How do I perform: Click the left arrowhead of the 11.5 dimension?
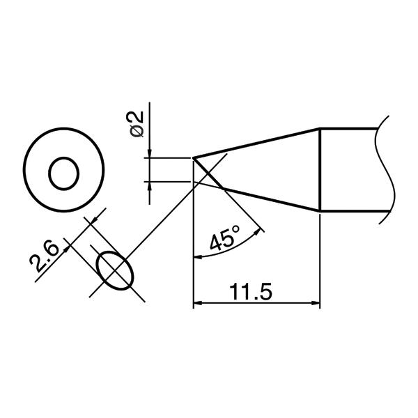coord(196,303)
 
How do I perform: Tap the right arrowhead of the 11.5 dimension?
coord(316,303)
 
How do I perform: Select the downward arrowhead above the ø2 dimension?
coord(150,154)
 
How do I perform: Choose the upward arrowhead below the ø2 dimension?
coord(150,185)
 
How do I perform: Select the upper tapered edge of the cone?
coord(258,143)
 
